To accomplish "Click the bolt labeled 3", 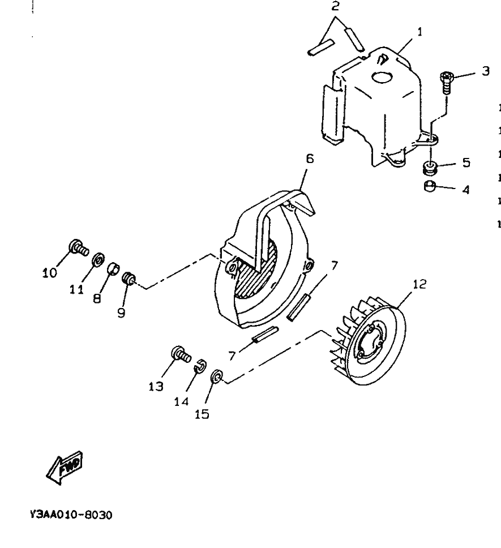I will (x=447, y=83).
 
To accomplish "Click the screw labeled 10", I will (x=78, y=262).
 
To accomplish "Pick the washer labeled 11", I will (x=97, y=260).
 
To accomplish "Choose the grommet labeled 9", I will (x=128, y=277).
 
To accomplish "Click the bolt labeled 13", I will (x=179, y=355).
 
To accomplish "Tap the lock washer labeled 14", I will (x=199, y=367).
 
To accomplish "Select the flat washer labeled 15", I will (x=216, y=378).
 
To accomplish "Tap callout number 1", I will (x=419, y=32).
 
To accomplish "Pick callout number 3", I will (x=485, y=72).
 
